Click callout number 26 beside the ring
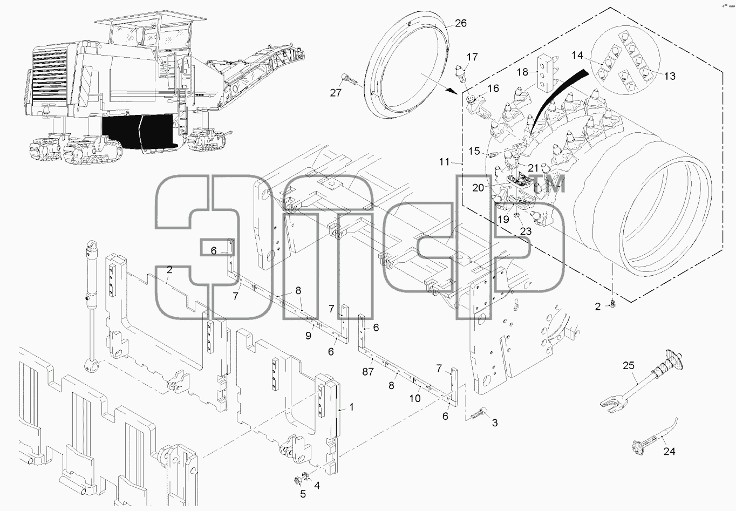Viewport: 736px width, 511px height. [461, 23]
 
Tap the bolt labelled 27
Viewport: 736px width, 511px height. [350, 79]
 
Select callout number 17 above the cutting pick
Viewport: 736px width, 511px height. [472, 57]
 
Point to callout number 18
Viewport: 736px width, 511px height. [522, 72]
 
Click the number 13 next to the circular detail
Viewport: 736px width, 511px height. [670, 76]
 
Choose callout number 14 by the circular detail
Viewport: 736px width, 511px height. [577, 55]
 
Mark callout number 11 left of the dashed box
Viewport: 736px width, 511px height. [444, 162]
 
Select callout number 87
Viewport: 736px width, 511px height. [368, 372]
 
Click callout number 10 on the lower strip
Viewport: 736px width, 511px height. [415, 399]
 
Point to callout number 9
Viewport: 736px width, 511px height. [308, 336]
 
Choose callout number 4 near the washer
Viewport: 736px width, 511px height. [317, 485]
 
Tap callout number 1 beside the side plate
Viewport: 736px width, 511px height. [352, 407]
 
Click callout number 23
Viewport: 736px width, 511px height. [526, 231]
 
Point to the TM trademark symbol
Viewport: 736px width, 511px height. [554, 184]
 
